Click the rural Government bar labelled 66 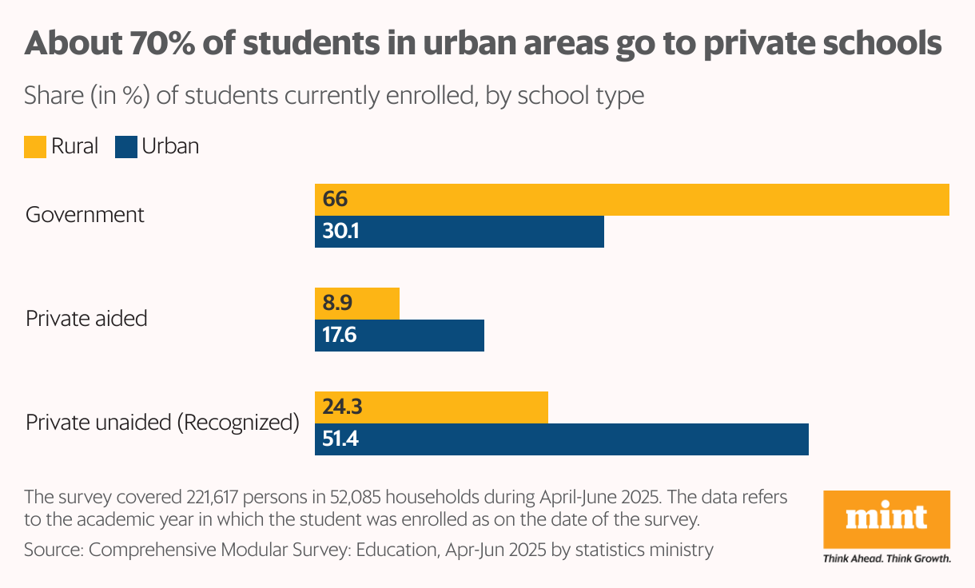(x=631, y=200)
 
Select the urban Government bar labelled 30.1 (x=460, y=232)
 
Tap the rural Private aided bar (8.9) (x=357, y=304)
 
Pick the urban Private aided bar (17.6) (x=400, y=336)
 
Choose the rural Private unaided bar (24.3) (x=432, y=407)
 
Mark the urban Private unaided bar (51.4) (x=562, y=439)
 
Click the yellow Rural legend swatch (x=35, y=147)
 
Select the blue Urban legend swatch (x=126, y=147)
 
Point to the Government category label (x=85, y=215)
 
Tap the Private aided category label (x=86, y=318)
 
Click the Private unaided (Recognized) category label (x=162, y=423)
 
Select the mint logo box (x=886, y=519)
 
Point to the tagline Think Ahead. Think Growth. (x=886, y=558)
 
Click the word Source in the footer (x=53, y=550)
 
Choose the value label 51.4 (x=340, y=439)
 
